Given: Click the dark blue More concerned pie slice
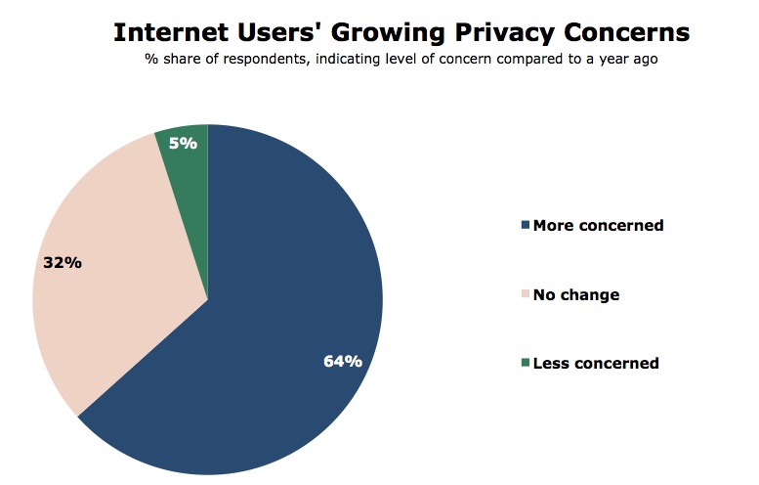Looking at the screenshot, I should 283,323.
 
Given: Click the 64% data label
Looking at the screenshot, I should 343,361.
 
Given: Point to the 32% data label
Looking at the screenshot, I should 62,262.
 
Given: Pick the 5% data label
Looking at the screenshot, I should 183,143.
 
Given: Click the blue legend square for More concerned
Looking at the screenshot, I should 526,226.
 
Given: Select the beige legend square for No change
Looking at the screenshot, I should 526,294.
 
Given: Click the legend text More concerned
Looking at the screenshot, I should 598,226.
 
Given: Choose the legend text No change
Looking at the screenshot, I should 576,294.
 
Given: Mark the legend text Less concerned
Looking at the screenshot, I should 596,364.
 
